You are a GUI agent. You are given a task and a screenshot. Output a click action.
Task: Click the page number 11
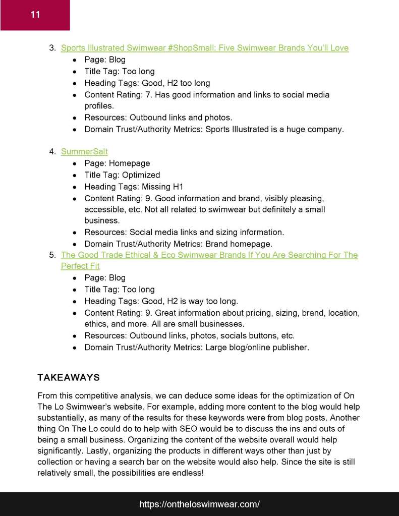[35, 15]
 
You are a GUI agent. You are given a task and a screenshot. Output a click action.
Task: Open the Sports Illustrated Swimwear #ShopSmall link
[204, 48]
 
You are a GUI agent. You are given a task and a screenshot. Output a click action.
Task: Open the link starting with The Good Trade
[209, 255]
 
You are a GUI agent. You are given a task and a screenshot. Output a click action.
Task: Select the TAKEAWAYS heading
[69, 377]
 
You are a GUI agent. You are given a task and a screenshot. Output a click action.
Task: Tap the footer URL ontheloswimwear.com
[199, 504]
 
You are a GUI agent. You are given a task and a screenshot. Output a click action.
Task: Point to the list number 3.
[52, 48]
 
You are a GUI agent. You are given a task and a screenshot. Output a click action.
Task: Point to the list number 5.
[52, 255]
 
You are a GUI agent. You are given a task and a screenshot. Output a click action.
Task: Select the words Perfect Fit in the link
[80, 266]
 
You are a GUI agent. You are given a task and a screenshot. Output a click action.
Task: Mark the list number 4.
[52, 151]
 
